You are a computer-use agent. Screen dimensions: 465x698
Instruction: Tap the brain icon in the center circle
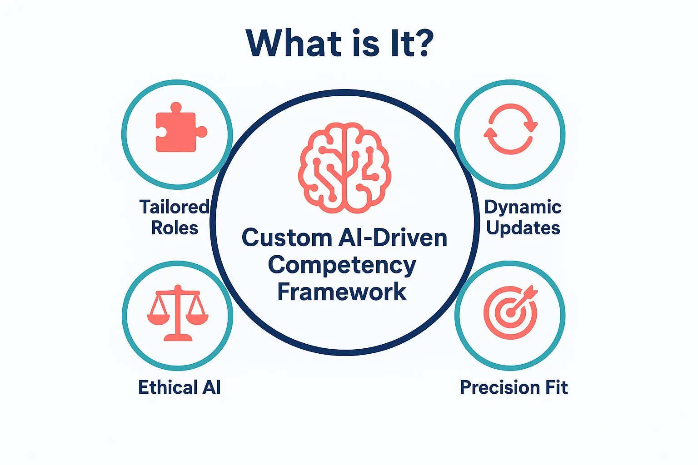tap(344, 168)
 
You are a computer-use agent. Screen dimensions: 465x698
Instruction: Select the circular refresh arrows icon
tap(510, 129)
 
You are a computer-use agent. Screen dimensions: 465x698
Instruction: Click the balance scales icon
tap(178, 313)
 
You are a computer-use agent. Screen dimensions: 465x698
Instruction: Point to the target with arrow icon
tap(511, 312)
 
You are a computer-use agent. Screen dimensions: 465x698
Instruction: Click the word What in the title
tap(294, 44)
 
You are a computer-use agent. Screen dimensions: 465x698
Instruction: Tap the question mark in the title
tap(425, 44)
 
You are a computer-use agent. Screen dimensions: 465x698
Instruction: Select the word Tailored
tap(174, 207)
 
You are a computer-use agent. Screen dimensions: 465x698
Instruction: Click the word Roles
tap(174, 228)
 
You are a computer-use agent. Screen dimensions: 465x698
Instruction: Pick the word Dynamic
tap(523, 208)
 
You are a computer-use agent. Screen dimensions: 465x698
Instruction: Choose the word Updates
tap(523, 228)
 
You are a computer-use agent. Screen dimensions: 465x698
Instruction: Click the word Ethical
tap(168, 388)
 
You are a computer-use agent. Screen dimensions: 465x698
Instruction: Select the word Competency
tap(342, 265)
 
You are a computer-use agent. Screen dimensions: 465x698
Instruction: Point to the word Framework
tap(342, 292)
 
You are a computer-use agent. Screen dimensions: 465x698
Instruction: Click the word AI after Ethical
tap(211, 388)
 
